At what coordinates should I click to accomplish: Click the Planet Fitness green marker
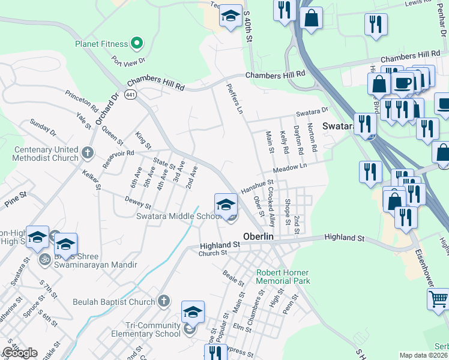(137, 43)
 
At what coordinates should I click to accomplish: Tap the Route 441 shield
(130, 95)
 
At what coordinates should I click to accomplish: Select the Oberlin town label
(258, 236)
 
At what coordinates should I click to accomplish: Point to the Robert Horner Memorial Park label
(283, 277)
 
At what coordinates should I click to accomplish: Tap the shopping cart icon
(438, 298)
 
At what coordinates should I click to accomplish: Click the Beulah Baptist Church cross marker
(164, 302)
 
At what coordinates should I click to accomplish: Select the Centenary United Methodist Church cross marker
(88, 152)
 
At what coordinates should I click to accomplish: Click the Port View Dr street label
(129, 61)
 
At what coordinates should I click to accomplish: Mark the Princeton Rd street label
(82, 101)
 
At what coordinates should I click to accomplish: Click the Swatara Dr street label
(312, 112)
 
